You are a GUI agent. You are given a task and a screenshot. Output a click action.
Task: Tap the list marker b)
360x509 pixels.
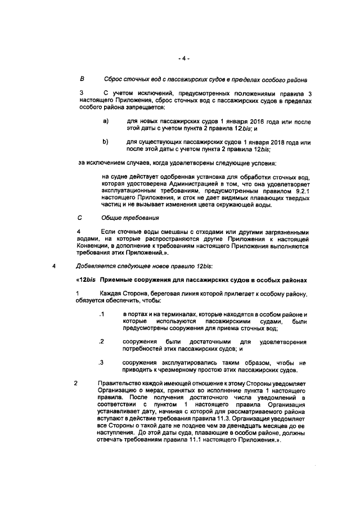click(105, 142)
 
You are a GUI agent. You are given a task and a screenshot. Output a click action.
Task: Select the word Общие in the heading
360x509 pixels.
click(112, 217)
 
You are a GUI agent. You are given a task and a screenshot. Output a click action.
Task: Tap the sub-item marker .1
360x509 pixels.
click(102, 313)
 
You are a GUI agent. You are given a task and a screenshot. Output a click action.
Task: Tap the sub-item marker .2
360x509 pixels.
click(102, 341)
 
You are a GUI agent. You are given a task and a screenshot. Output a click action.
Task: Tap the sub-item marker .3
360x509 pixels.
click(102, 363)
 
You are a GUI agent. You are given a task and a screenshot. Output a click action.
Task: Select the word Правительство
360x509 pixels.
click(120, 384)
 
